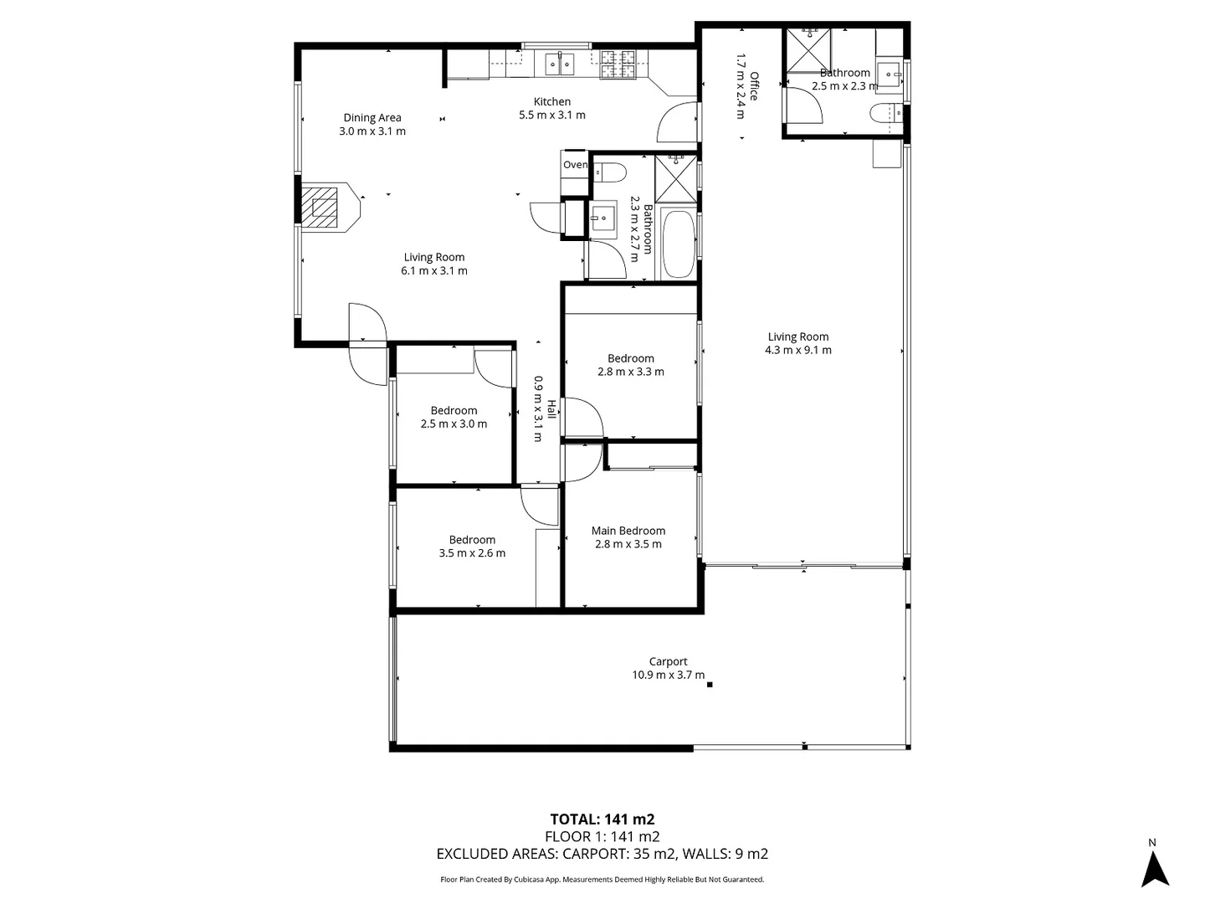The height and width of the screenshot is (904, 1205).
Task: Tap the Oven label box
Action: [575, 165]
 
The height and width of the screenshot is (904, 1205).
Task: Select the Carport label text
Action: [668, 661]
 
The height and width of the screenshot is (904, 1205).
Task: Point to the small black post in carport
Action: [710, 685]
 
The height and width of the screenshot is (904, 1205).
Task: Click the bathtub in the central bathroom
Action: [678, 244]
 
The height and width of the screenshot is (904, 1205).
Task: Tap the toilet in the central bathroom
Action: [610, 172]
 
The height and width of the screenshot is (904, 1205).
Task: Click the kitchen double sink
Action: [559, 63]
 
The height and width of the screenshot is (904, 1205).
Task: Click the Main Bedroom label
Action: [628, 531]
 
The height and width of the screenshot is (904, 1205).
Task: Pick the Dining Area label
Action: [372, 118]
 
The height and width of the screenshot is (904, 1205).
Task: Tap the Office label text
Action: [754, 86]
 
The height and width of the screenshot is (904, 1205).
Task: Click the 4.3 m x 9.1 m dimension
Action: [797, 350]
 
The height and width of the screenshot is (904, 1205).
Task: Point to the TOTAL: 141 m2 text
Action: [602, 819]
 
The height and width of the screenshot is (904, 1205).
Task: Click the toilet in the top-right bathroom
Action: [886, 113]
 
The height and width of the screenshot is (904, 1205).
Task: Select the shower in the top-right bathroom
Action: [808, 51]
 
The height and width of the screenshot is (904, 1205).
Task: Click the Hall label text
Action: [551, 409]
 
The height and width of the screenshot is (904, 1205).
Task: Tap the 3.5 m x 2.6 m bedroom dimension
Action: [472, 553]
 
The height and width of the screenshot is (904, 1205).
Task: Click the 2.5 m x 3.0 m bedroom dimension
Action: [454, 424]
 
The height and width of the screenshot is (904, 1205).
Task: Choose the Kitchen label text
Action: [552, 101]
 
